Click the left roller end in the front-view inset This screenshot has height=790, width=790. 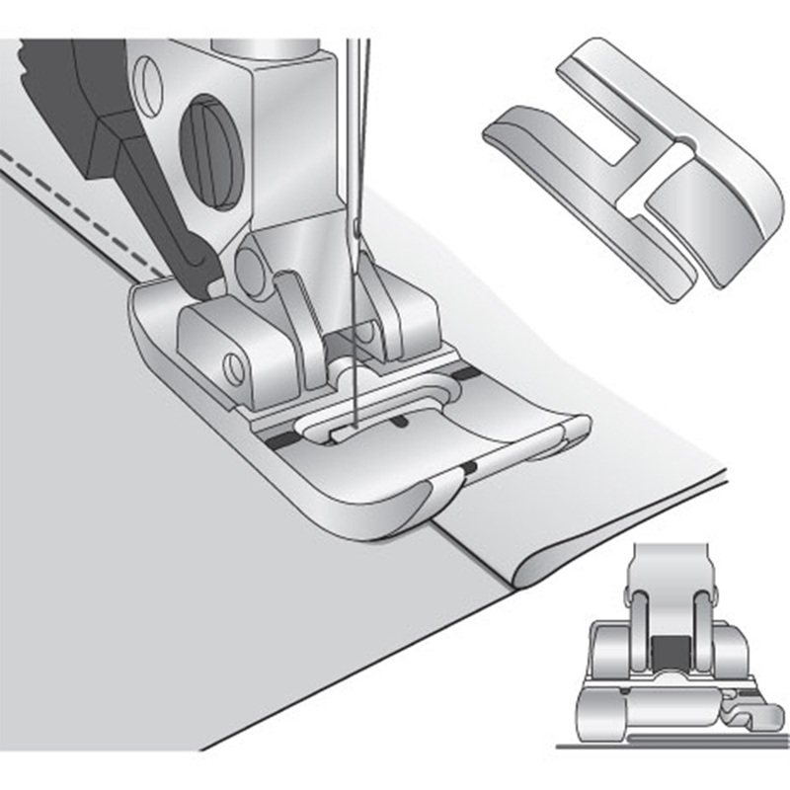pos(604,707)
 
